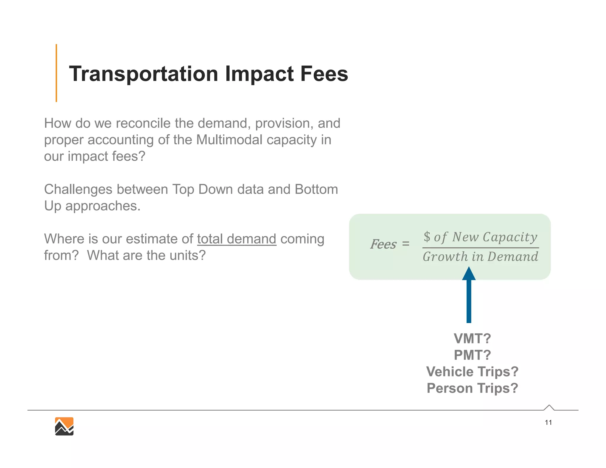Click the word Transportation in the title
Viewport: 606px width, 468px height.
pyautogui.click(x=144, y=74)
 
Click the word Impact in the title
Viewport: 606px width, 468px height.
pyautogui.click(x=260, y=74)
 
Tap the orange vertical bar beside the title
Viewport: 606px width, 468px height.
pyautogui.click(x=56, y=73)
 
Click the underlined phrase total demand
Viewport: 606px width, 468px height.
pyautogui.click(x=237, y=239)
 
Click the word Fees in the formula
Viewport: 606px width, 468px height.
pyautogui.click(x=383, y=244)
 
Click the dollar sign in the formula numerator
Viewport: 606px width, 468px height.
pyautogui.click(x=427, y=236)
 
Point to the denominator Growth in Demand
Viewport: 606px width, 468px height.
pyautogui.click(x=481, y=256)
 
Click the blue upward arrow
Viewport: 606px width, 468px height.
pyautogui.click(x=469, y=299)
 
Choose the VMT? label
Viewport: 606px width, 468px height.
pyautogui.click(x=472, y=338)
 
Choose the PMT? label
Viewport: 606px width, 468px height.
pyautogui.click(x=472, y=355)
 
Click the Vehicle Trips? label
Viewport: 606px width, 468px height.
pyautogui.click(x=472, y=372)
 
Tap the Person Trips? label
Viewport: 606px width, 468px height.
pyautogui.click(x=472, y=388)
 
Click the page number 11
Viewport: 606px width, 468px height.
pyautogui.click(x=548, y=422)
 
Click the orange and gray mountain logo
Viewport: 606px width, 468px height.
pyautogui.click(x=64, y=426)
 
